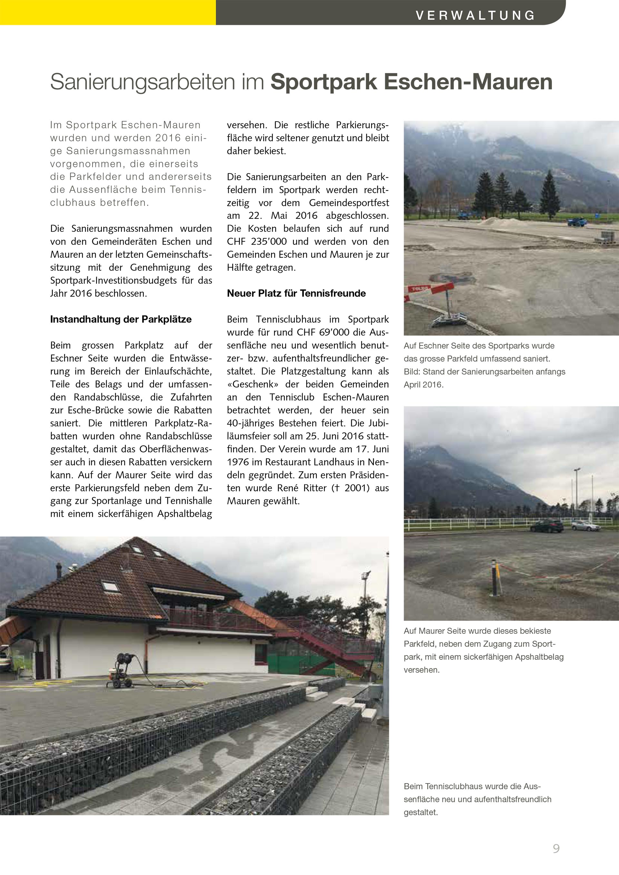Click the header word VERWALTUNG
475,15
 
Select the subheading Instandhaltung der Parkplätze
121,319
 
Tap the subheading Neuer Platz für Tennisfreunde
296,294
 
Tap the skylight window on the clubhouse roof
110,586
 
